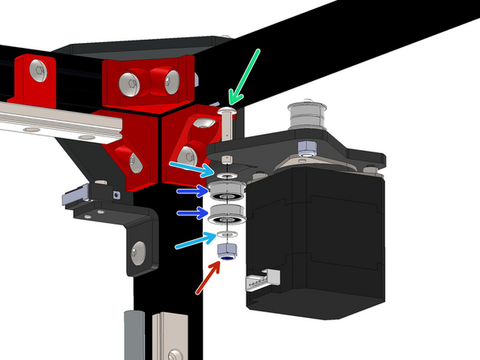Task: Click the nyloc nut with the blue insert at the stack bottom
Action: click(225, 253)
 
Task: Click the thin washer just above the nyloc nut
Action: click(225, 236)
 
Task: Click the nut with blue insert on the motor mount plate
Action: click(306, 148)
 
